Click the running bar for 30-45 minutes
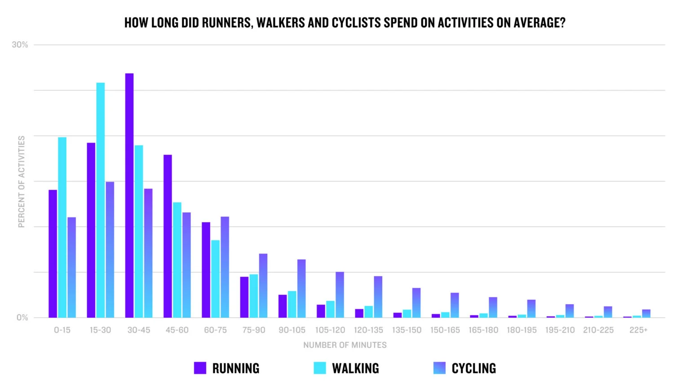pos(129,195)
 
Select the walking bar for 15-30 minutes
pos(100,200)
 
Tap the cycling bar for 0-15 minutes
pos(71,267)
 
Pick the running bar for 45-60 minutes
pos(168,236)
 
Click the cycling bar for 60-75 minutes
pos(225,267)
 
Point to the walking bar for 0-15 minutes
pos(62,227)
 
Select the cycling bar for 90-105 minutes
pos(301,289)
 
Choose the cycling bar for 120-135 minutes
pos(378,297)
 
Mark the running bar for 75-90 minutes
pos(244,297)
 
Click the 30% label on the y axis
pos(20,45)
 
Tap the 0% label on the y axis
pos(22,318)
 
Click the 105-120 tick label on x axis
pos(330,330)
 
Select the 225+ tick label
pos(638,330)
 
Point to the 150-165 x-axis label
pos(445,330)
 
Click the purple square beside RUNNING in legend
pos(200,368)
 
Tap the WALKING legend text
pos(355,368)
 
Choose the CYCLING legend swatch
pos(439,368)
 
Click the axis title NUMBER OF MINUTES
pos(345,345)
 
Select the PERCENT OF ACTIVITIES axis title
pos(21,182)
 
